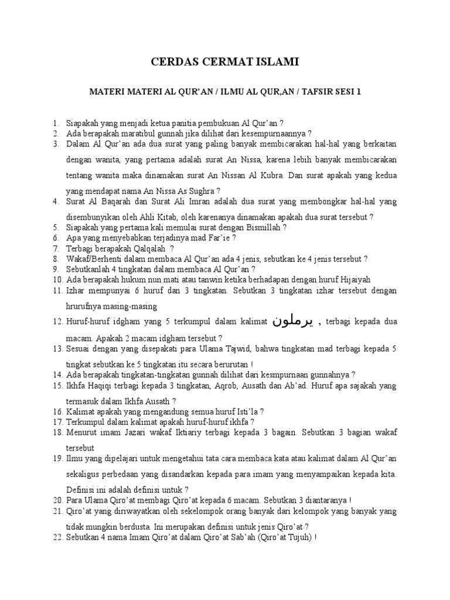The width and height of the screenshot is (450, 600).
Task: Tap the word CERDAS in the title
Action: [x=170, y=61]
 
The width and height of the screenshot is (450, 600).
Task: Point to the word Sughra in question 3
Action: [x=199, y=190]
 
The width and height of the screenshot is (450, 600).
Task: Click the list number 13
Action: [x=57, y=349]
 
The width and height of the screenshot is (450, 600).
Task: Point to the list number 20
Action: [x=57, y=500]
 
